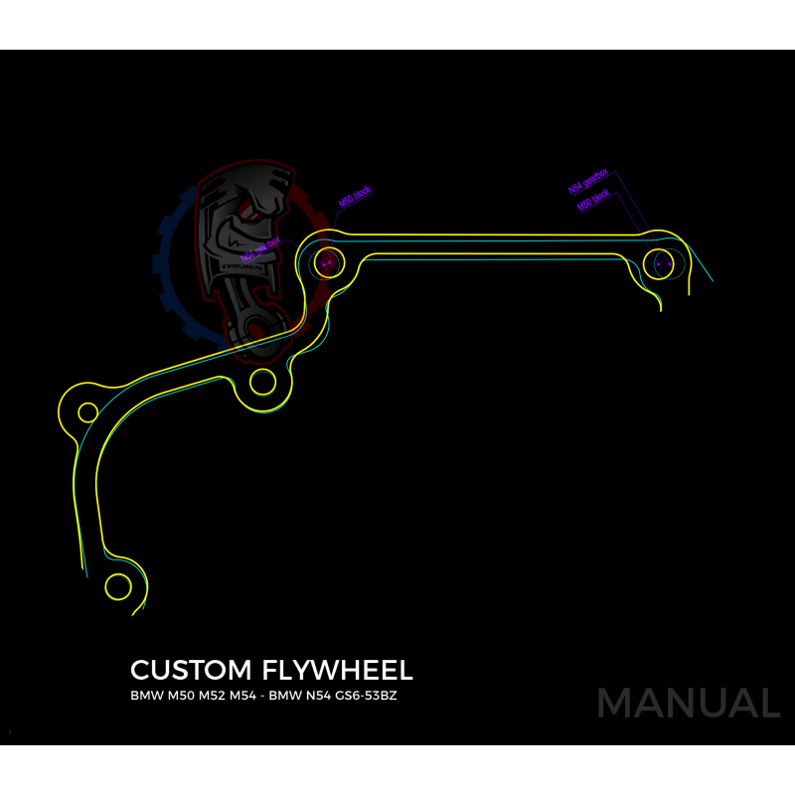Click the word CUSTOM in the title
tap(190, 670)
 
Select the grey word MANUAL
tap(688, 704)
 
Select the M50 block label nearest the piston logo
tap(355, 197)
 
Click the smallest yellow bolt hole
tap(87, 412)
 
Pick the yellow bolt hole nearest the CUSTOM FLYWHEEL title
tap(118, 586)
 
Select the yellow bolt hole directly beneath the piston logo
tap(263, 381)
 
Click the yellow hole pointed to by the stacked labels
tap(659, 264)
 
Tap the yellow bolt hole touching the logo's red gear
tap(328, 262)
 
